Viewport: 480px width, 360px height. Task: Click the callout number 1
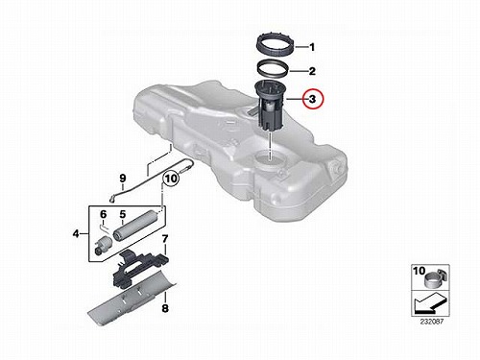pyautogui.click(x=312, y=47)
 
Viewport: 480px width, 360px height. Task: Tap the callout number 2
pyautogui.click(x=312, y=71)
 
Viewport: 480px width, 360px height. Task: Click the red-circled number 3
pyautogui.click(x=312, y=99)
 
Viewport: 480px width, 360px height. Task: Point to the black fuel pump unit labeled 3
pyautogui.click(x=270, y=106)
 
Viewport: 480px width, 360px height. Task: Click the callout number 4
pyautogui.click(x=76, y=234)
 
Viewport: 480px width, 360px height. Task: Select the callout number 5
pyautogui.click(x=123, y=213)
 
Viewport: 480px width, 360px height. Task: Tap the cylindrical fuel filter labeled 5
pyautogui.click(x=135, y=228)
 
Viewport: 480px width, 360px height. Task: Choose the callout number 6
pyautogui.click(x=103, y=214)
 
